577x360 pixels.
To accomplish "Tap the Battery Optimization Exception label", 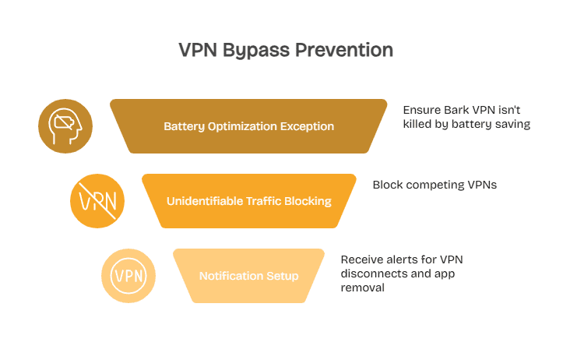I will click(248, 126).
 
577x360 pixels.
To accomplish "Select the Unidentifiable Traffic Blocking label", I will click(248, 201).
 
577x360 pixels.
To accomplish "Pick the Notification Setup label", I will click(248, 276).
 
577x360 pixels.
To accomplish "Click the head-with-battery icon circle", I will click(65, 126).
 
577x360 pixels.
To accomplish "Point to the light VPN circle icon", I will click(128, 276).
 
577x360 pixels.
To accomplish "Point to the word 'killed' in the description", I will click(420, 123).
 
